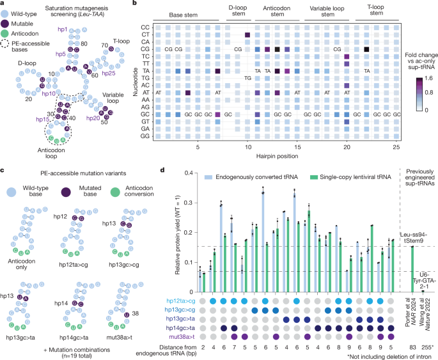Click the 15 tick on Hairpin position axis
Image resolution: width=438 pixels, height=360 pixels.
coord(296,146)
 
